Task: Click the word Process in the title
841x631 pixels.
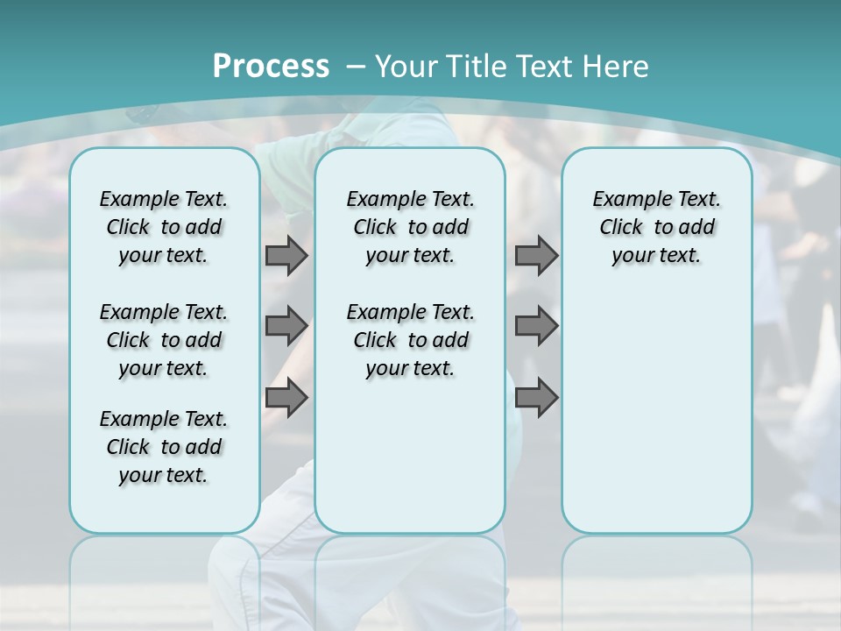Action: [271, 66]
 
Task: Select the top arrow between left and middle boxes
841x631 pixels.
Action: [286, 255]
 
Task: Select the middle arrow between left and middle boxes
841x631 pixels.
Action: [286, 326]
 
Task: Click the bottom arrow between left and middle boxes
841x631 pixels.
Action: [286, 398]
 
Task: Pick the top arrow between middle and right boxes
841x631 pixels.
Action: [536, 255]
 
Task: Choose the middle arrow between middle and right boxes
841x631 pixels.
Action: [536, 326]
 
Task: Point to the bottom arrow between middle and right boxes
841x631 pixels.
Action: [536, 398]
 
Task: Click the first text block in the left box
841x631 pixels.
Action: [164, 227]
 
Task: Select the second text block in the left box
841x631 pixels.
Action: [164, 340]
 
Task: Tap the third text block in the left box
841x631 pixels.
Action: [164, 447]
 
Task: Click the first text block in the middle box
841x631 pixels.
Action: [410, 227]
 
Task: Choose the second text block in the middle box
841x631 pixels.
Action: [410, 340]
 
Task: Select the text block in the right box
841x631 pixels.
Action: [656, 227]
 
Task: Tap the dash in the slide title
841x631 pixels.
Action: [356, 67]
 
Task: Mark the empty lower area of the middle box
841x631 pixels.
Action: [410, 456]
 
